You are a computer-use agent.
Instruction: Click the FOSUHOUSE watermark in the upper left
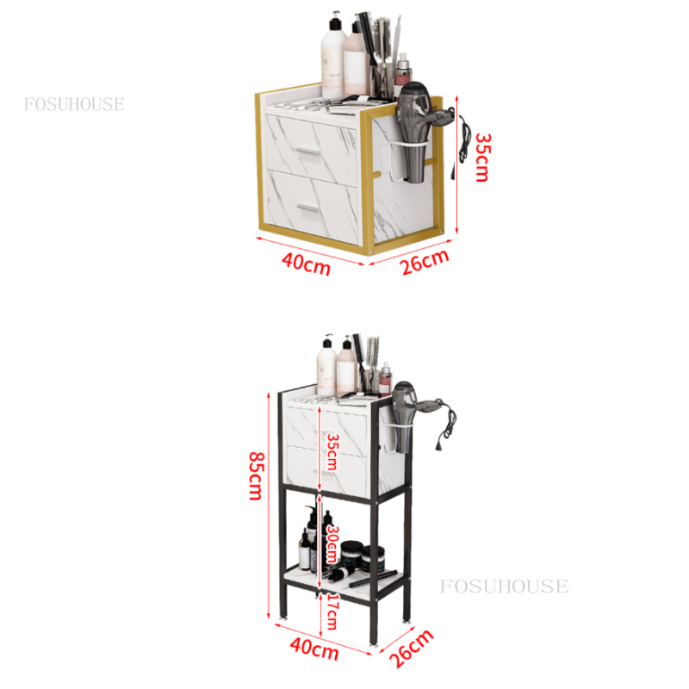74,104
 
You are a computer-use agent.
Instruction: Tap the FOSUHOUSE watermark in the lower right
504,587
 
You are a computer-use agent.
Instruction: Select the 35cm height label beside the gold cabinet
482,158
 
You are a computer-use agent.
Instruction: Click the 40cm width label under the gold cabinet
306,264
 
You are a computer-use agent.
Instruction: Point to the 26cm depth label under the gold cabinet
425,262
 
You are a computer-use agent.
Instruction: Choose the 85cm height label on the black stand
256,476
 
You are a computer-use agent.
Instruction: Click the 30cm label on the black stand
332,544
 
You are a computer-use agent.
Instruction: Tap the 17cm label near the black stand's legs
332,611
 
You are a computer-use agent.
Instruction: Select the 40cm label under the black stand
314,649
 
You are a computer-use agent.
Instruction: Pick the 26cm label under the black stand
412,649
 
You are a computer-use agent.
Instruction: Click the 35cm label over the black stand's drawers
332,453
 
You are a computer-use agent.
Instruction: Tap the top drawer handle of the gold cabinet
308,152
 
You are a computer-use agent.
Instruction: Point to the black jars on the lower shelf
362,556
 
